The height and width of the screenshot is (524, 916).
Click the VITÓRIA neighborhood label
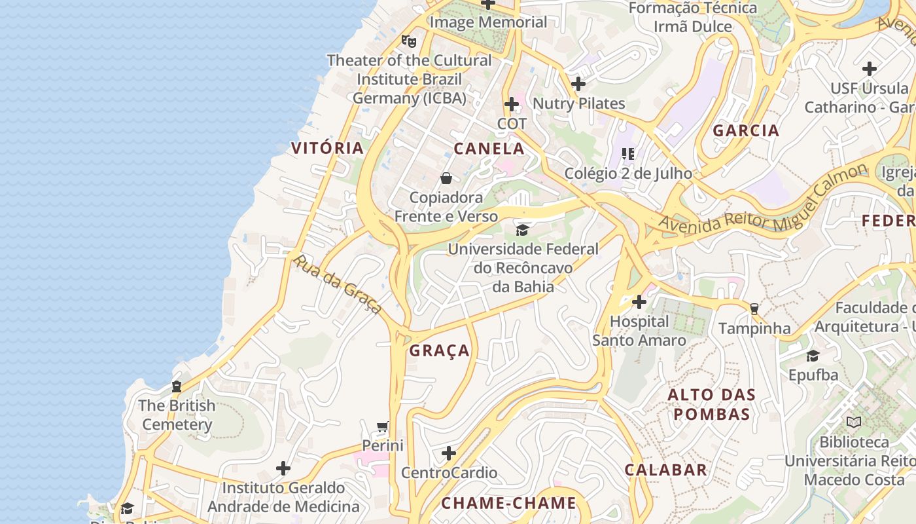tap(327, 148)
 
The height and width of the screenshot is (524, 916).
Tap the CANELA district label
tap(489, 149)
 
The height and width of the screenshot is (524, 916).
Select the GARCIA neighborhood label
tap(746, 130)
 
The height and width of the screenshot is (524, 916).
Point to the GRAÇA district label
tap(440, 351)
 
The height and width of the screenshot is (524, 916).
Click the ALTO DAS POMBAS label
tap(712, 405)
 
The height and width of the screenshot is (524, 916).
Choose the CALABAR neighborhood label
tap(665, 470)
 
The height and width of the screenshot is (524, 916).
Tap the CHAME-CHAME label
tap(508, 503)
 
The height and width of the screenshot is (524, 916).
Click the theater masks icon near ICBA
tap(409, 41)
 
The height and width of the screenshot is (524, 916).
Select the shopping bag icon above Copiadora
tap(446, 178)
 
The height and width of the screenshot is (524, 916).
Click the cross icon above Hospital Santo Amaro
tap(639, 302)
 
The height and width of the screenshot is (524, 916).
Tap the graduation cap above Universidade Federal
tap(522, 230)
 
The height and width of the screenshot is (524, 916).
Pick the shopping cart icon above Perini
tap(383, 427)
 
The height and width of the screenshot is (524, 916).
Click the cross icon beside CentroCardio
tap(449, 453)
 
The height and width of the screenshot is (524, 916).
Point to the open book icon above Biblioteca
tap(853, 422)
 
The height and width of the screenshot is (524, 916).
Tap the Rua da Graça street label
tap(337, 284)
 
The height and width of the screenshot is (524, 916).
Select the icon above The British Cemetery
tap(176, 386)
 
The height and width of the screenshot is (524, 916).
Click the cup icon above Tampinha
tap(754, 309)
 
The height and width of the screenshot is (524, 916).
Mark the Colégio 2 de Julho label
tap(628, 173)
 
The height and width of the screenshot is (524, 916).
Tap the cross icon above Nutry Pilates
tap(578, 84)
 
